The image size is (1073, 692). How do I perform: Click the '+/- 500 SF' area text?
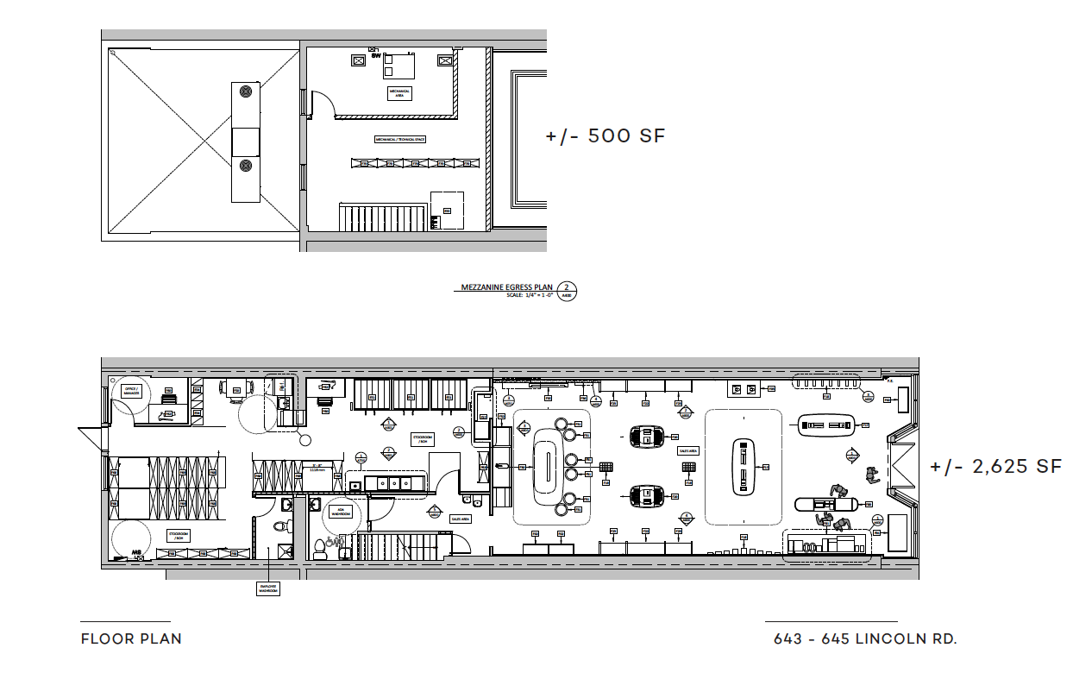click(x=606, y=136)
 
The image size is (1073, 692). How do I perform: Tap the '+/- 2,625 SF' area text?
click(x=995, y=467)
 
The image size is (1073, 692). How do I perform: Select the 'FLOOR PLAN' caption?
click(x=131, y=639)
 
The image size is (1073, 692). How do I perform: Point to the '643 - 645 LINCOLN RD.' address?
click(x=865, y=639)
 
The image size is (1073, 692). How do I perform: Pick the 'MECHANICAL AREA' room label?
click(x=399, y=93)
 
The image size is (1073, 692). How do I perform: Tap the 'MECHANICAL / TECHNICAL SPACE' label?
click(x=400, y=139)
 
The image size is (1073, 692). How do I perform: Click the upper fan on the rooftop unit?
click(x=246, y=90)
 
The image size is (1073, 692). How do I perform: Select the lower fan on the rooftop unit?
click(x=246, y=164)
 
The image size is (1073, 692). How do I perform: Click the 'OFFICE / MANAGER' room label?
click(x=131, y=389)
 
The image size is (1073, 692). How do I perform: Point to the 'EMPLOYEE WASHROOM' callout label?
click(x=267, y=590)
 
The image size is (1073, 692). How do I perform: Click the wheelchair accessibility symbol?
click(x=338, y=541)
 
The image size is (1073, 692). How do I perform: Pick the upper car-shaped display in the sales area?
click(x=645, y=436)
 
